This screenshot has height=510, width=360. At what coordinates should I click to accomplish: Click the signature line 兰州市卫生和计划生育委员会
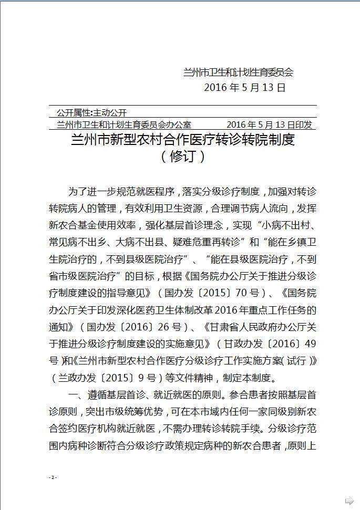238,72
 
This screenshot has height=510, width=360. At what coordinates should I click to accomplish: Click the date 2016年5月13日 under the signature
244,88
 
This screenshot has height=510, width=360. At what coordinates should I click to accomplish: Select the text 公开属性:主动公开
91,112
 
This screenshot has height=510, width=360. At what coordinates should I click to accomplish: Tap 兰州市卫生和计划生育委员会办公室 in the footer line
124,124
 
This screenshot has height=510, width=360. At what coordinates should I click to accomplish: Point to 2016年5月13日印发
269,124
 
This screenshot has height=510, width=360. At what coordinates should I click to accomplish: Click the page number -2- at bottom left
52,477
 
